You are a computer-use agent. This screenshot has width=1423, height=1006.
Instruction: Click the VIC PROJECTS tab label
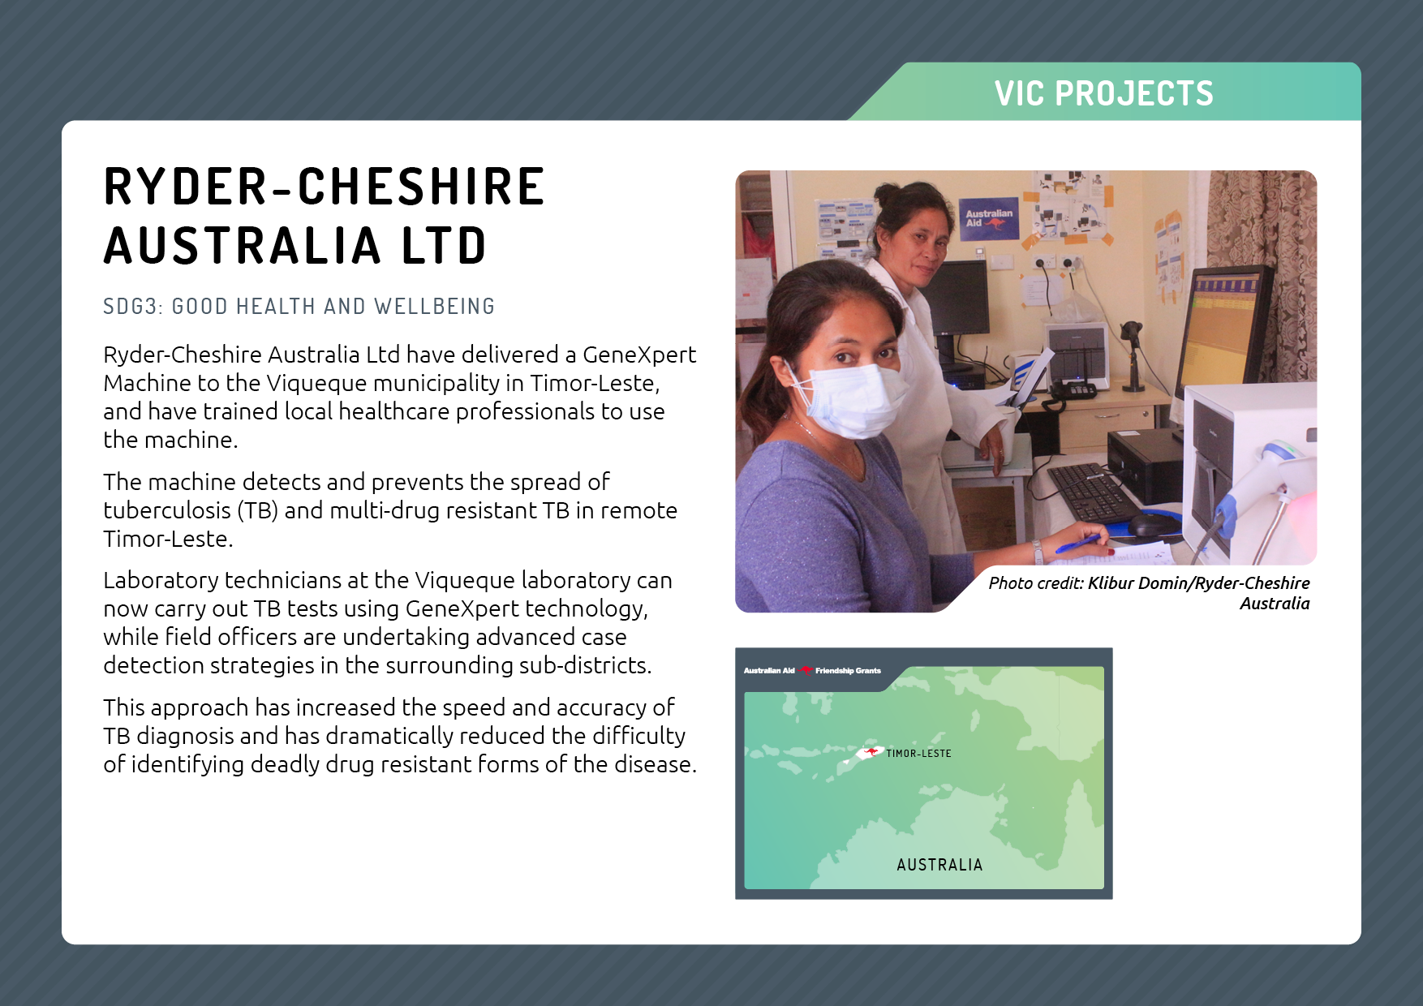(x=1104, y=93)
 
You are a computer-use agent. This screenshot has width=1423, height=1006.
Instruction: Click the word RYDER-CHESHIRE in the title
(x=325, y=187)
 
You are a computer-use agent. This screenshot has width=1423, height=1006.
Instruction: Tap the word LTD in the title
(x=445, y=246)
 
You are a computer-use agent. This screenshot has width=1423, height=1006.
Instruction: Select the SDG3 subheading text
(x=299, y=307)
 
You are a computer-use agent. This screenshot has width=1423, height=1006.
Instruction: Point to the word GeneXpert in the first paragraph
(x=639, y=355)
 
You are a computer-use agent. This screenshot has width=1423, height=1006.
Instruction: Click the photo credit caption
(x=1149, y=593)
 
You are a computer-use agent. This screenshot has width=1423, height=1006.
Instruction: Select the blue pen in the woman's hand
(x=1079, y=543)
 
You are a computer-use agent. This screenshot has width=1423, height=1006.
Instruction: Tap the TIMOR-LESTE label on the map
(x=918, y=754)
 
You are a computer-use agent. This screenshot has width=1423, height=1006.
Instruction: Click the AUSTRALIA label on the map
(x=939, y=865)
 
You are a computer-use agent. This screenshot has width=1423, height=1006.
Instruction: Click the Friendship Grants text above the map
(x=848, y=671)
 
